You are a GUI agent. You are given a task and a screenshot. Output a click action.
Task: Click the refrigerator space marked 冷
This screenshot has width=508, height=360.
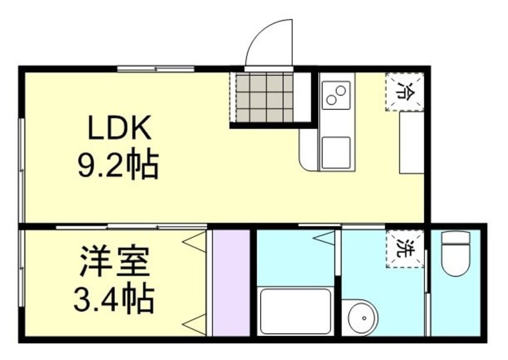click(405, 92)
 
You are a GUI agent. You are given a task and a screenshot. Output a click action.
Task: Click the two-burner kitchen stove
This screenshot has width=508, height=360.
click(336, 95)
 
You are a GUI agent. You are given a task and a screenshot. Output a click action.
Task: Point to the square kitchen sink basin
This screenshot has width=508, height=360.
click(336, 151)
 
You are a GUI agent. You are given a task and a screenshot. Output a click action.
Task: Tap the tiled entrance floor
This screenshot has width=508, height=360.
click(264, 97)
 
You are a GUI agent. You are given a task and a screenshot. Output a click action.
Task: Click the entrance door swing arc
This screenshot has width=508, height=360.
click(271, 42)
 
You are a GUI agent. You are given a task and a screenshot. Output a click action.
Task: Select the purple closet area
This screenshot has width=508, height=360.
click(231, 282)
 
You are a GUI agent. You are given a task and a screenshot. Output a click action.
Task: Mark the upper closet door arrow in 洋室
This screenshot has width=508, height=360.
click(194, 242)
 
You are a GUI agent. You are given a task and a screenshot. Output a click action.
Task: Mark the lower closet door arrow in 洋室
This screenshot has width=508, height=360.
click(194, 325)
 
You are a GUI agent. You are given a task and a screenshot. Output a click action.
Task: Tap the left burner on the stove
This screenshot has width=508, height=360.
click(330, 98)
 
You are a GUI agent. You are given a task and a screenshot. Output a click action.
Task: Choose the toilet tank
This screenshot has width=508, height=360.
click(457, 238)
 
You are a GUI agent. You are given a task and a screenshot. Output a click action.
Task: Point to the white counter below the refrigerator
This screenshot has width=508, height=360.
click(411, 143)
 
